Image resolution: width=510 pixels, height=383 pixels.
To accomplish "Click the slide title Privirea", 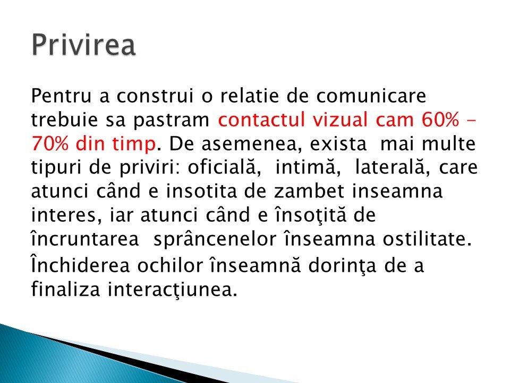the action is tap(83, 45).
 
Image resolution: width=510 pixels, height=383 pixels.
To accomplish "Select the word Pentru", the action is tap(61, 96).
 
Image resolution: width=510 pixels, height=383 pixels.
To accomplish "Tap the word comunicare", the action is tap(371, 96).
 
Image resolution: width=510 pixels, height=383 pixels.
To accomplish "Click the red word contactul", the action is tap(261, 120).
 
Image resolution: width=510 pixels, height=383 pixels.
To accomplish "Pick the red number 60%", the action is tap(440, 120).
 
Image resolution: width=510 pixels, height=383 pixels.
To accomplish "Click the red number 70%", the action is tap(50, 144).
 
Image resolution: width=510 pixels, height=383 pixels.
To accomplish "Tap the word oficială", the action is tap(224, 166).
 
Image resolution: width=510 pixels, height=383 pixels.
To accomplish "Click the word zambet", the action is tap(309, 191).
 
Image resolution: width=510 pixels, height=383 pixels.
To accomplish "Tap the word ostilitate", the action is tap(427, 239).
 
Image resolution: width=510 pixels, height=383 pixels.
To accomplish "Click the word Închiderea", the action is tap(80, 264).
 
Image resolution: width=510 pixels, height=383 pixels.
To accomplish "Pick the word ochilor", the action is tap(170, 265).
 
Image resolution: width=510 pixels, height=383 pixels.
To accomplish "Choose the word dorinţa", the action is tap(342, 265).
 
